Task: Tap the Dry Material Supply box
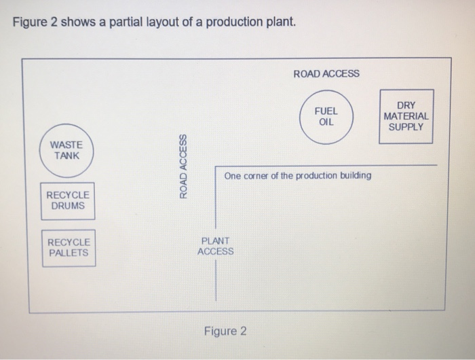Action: pyautogui.click(x=406, y=116)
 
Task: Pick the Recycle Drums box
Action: pyautogui.click(x=67, y=200)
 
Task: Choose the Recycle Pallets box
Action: pyautogui.click(x=68, y=247)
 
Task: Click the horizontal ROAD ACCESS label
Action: pyautogui.click(x=326, y=73)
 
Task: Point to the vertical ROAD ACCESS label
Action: pyautogui.click(x=182, y=166)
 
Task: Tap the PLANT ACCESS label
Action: pyautogui.click(x=216, y=246)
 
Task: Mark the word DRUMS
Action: pyautogui.click(x=67, y=206)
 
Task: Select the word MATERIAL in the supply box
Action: pyautogui.click(x=406, y=116)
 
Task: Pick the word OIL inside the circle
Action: pyautogui.click(x=326, y=122)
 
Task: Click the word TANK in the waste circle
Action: pyautogui.click(x=67, y=155)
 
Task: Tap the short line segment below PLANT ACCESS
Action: pyautogui.click(x=216, y=280)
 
